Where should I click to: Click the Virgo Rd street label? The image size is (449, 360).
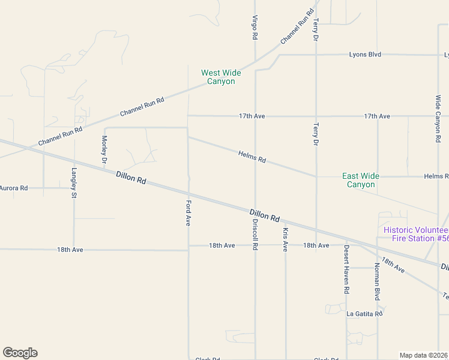click(x=255, y=27)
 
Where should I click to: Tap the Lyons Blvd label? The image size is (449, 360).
click(x=365, y=55)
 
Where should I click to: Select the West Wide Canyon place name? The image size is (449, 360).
click(x=221, y=77)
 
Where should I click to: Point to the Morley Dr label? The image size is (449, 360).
click(x=104, y=149)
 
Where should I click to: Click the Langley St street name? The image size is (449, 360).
click(x=74, y=182)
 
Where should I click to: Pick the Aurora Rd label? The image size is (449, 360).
click(x=13, y=188)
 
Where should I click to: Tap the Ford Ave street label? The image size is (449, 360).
click(x=188, y=212)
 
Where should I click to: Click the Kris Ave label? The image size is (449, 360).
click(x=285, y=239)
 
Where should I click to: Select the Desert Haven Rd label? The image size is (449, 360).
click(x=346, y=268)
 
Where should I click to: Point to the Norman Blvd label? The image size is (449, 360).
click(x=378, y=282)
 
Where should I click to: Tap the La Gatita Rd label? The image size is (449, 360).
click(x=364, y=313)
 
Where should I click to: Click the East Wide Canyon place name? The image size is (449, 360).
click(x=361, y=180)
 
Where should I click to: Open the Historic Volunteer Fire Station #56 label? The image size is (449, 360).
click(x=416, y=234)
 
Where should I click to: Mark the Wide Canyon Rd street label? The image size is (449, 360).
click(x=438, y=118)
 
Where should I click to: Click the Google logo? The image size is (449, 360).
click(x=20, y=353)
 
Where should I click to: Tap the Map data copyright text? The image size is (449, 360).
click(x=424, y=355)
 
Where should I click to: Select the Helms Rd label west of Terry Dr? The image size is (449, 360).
click(x=252, y=158)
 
